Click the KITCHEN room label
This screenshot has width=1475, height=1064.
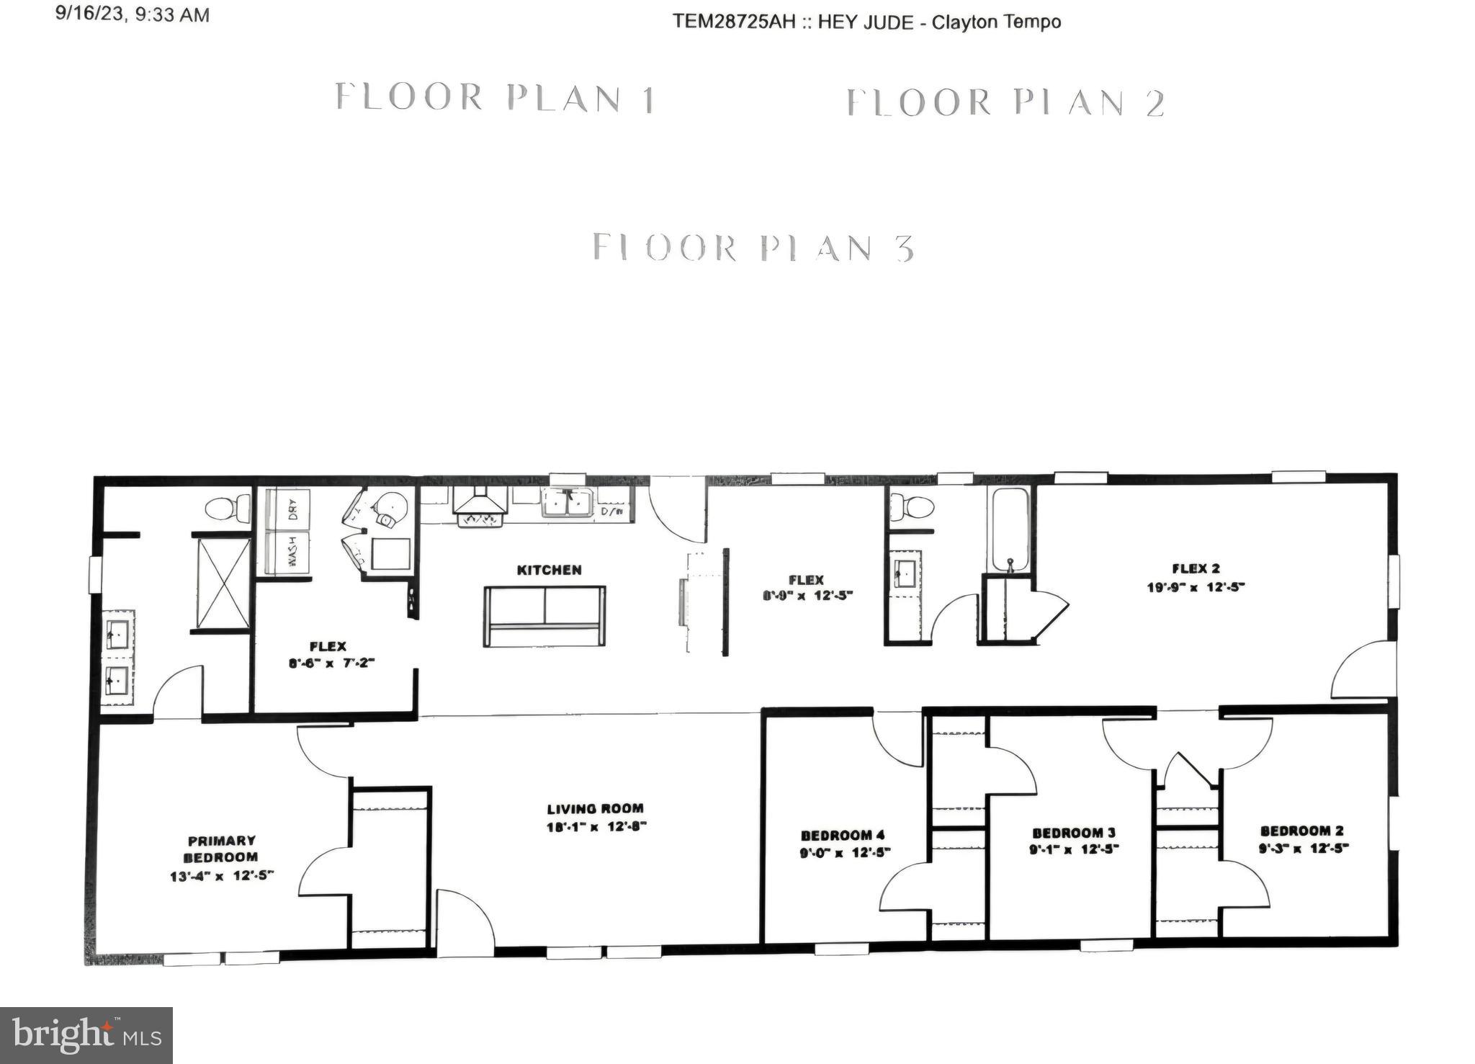click(549, 570)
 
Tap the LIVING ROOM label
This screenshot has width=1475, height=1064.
click(595, 808)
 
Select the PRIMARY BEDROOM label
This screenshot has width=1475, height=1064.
click(221, 849)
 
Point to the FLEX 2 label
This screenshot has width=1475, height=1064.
click(1196, 568)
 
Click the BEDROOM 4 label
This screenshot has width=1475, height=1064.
click(843, 835)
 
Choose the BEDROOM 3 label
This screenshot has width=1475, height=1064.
click(1073, 833)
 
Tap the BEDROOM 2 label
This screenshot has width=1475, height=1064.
click(1301, 831)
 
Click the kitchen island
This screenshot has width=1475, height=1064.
click(544, 616)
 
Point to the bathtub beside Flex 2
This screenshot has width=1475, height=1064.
click(1009, 529)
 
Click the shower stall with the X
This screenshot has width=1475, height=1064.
click(223, 583)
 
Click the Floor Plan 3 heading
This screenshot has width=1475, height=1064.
click(753, 248)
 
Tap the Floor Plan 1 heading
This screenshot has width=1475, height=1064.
click(495, 98)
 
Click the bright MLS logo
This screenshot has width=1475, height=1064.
click(86, 1035)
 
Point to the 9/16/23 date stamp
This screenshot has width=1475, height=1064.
click(133, 14)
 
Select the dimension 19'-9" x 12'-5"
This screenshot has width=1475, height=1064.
click(1196, 587)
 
